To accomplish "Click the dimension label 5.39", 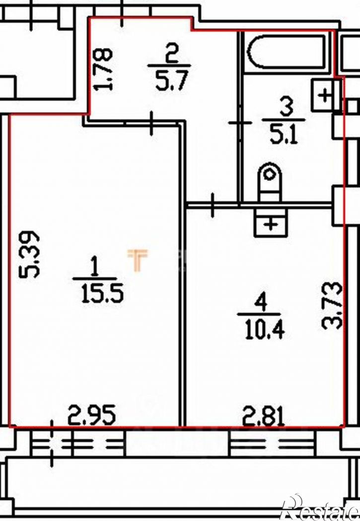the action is (x=30, y=254).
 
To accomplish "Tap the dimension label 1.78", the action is (x=103, y=69).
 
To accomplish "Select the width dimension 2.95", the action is (x=92, y=415).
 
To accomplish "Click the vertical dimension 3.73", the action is (x=332, y=305).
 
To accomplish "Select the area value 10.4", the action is (x=265, y=330).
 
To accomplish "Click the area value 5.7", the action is (x=172, y=81).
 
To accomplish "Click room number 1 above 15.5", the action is (x=95, y=267).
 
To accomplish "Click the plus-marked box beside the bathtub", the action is (x=326, y=95).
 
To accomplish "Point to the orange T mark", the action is (x=138, y=260).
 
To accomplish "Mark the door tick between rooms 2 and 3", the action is (x=240, y=123).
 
